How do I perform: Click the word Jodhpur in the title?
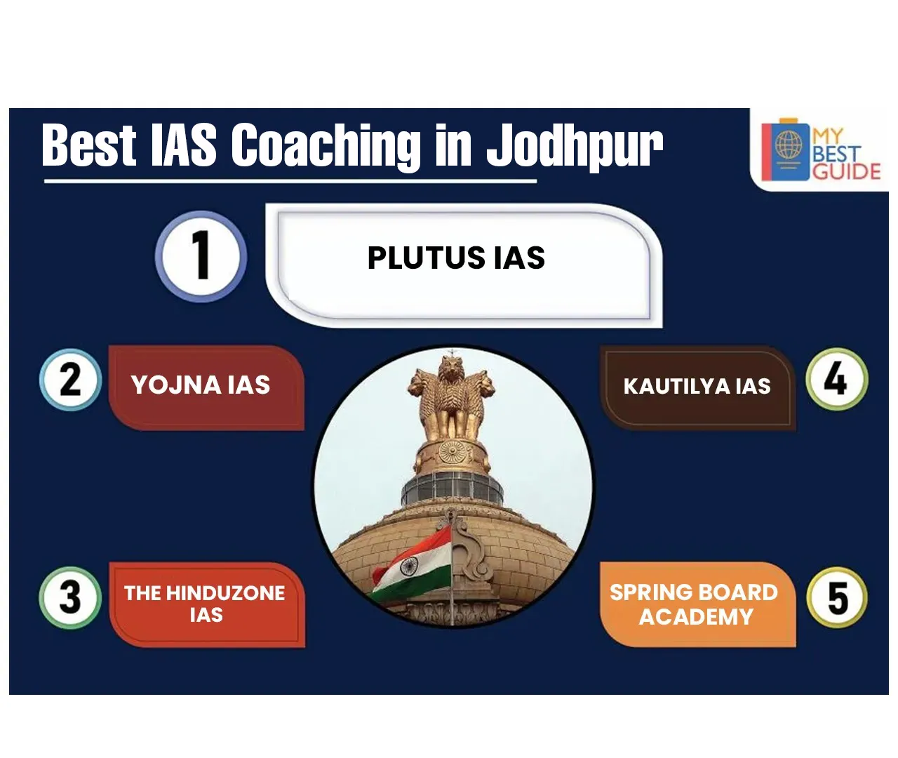click(x=575, y=145)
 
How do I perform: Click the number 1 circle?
click(x=201, y=256)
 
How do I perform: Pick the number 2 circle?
click(x=71, y=380)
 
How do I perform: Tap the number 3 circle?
click(x=71, y=597)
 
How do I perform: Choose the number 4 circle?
click(x=836, y=379)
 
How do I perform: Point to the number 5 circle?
click(x=837, y=597)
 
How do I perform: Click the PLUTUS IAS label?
click(x=456, y=258)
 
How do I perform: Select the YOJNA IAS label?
click(x=201, y=385)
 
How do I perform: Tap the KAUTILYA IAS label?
click(x=697, y=386)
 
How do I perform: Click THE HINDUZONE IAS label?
click(x=205, y=604)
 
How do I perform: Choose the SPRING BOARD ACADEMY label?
click(x=694, y=604)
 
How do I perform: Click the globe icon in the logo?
click(x=789, y=145)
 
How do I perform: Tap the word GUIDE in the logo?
click(x=846, y=172)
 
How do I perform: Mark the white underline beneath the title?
click(x=290, y=181)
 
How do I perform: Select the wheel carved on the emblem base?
click(x=452, y=452)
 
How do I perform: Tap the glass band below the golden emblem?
click(x=452, y=489)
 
